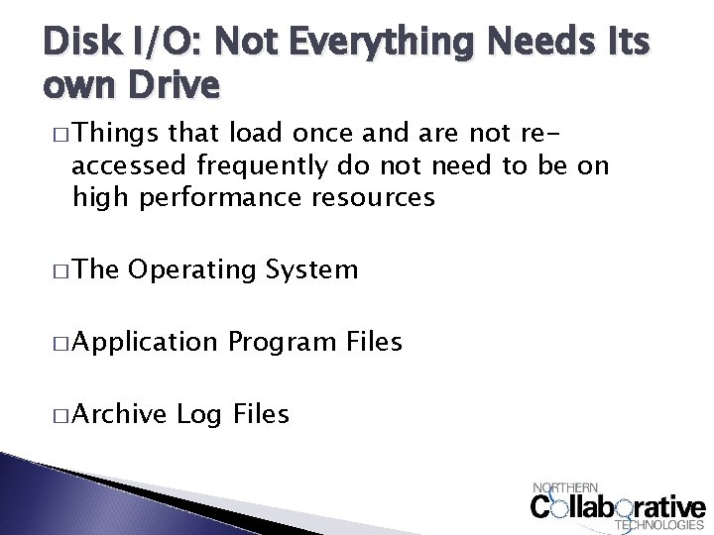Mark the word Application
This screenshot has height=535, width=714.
[x=144, y=342]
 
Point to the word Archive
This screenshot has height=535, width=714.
[x=119, y=413]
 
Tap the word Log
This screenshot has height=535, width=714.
[x=198, y=413]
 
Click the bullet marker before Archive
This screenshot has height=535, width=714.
[x=58, y=414]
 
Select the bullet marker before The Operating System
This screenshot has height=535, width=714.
[x=58, y=269]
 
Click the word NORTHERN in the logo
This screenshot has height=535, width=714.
[x=566, y=487]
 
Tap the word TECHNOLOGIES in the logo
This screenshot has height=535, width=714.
[x=661, y=525]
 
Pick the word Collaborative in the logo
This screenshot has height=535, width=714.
[x=617, y=506]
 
